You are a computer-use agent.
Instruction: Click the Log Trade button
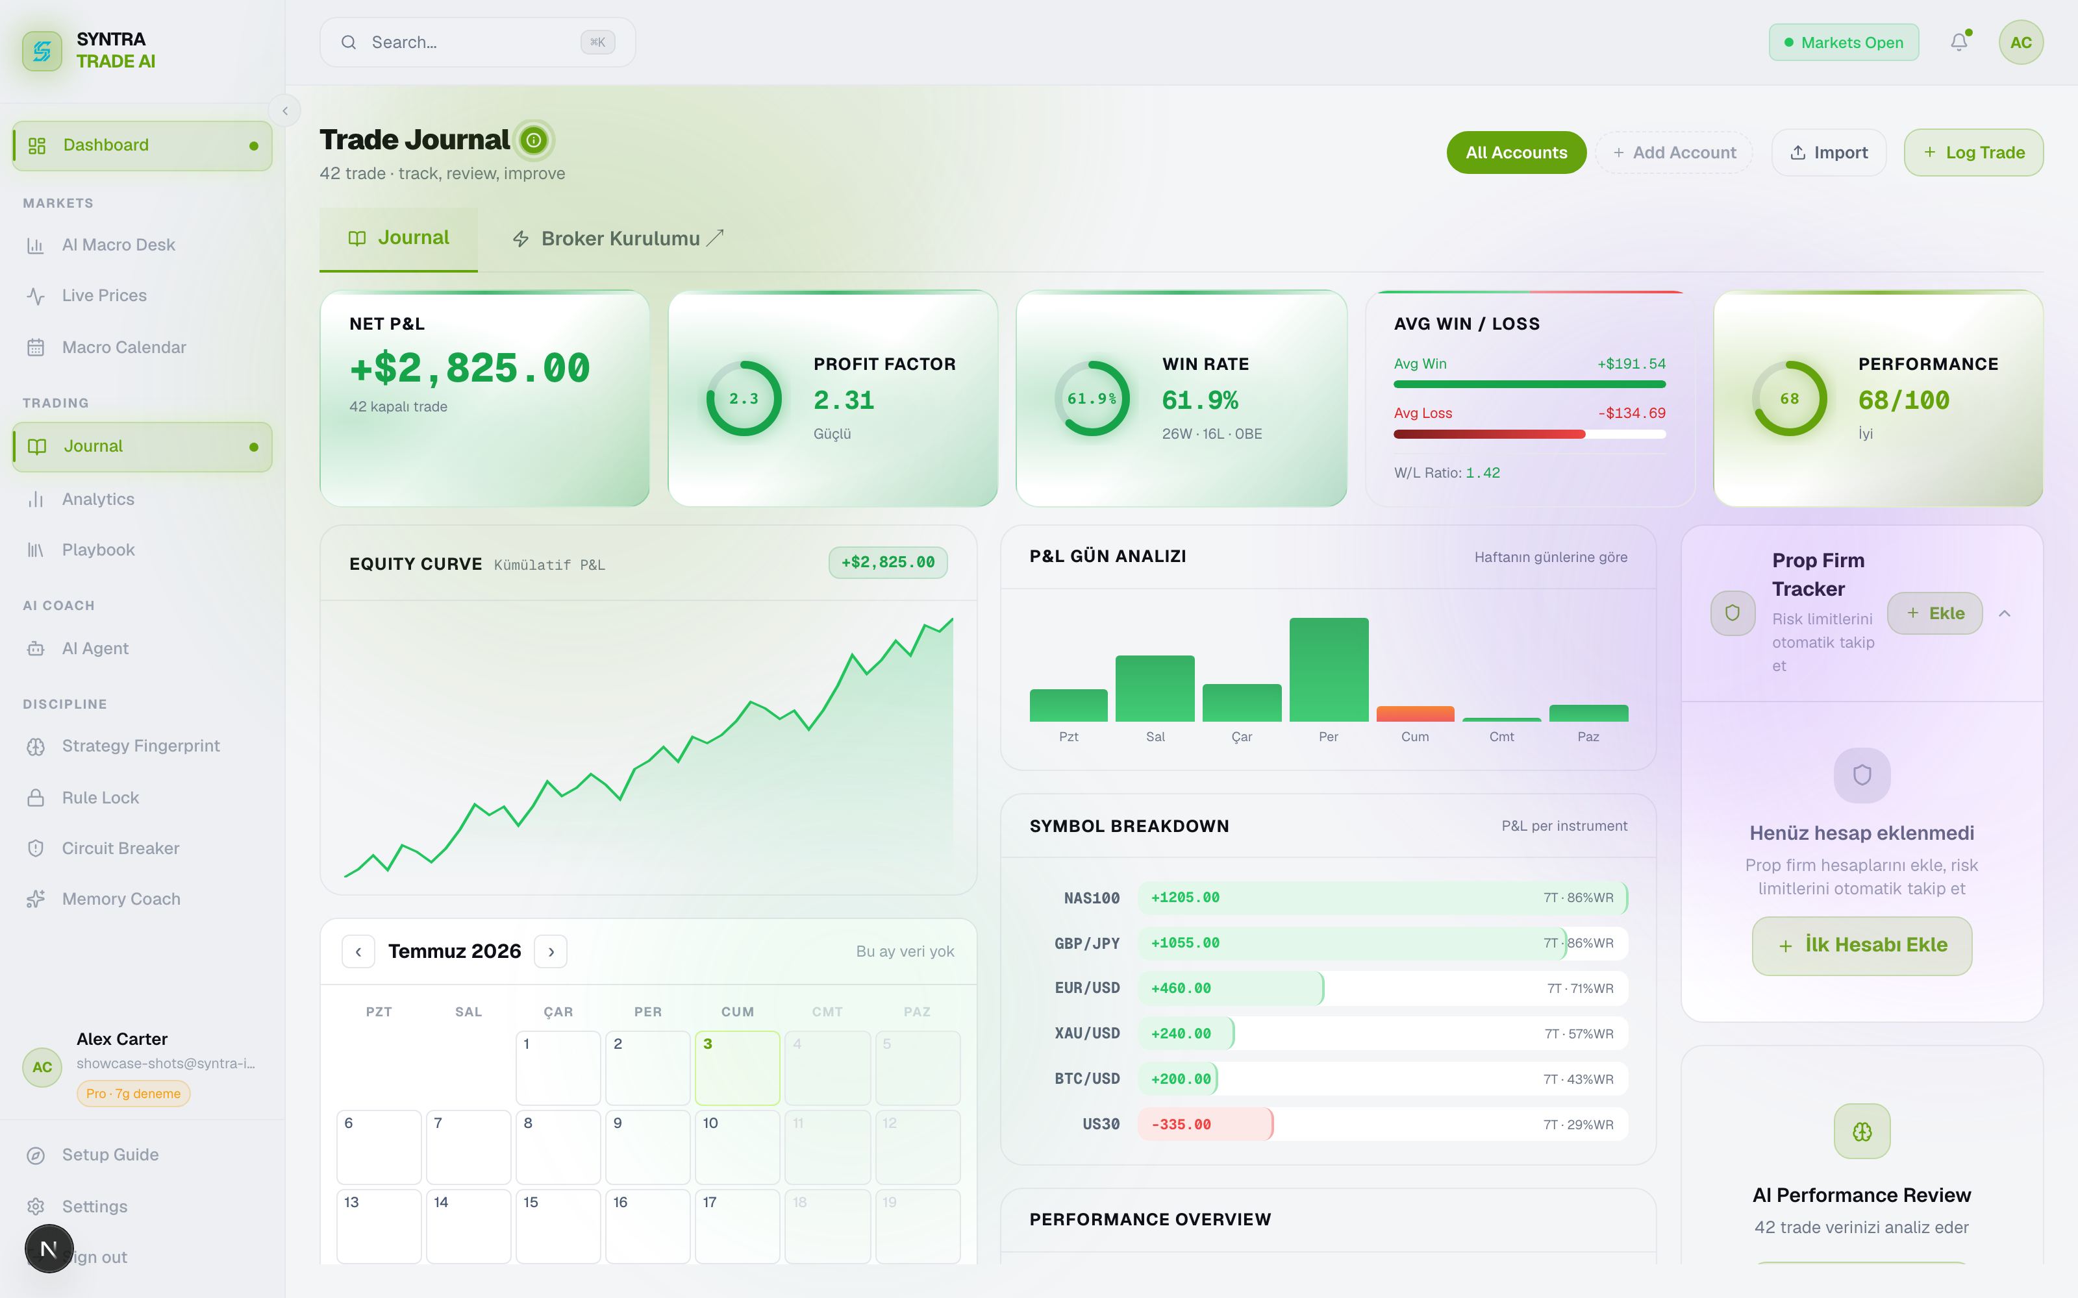[1973, 153]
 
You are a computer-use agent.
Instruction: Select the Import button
[1829, 153]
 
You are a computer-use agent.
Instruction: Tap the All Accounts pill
[1516, 153]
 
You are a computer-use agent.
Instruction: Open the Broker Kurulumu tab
[618, 239]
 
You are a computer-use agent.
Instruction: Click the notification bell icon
[1959, 42]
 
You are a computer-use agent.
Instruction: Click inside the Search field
[477, 42]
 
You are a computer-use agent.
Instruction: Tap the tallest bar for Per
[1329, 670]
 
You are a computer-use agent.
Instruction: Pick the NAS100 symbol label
[1092, 898]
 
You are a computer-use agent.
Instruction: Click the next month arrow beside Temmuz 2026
[551, 951]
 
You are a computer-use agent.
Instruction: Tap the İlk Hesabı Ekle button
[1862, 945]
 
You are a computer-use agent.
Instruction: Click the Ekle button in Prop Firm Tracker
[1934, 613]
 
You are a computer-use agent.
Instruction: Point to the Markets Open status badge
[1844, 42]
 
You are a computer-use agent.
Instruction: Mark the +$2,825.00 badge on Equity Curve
[888, 562]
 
